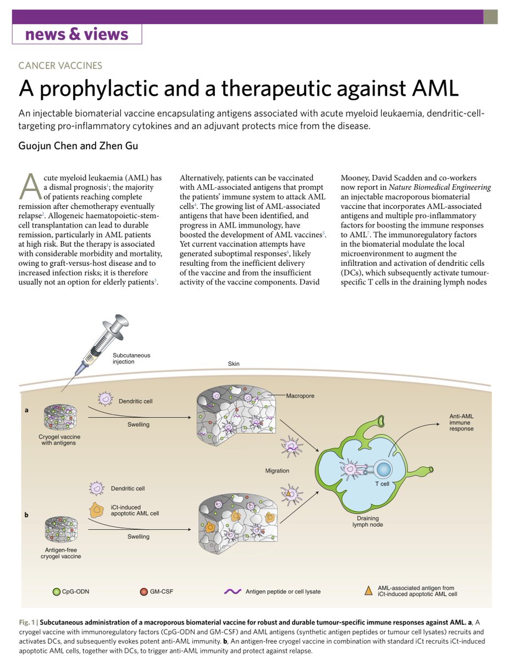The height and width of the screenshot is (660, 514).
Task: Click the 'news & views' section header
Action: coord(77,35)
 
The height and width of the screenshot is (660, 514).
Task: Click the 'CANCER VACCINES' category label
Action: coord(60,65)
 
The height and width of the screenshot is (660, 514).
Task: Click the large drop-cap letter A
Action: coord(31,187)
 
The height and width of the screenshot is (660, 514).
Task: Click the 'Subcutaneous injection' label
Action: coord(131,358)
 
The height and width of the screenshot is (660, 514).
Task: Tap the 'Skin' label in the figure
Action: coord(234,364)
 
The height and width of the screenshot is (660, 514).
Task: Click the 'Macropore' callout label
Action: coord(300,395)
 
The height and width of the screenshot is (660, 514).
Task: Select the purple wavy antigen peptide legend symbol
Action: coord(233,592)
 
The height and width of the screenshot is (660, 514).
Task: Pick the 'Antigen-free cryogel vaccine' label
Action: coord(62,552)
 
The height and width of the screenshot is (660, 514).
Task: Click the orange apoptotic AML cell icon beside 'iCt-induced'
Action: coord(97,510)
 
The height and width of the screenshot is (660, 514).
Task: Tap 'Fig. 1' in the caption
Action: coord(27,621)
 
